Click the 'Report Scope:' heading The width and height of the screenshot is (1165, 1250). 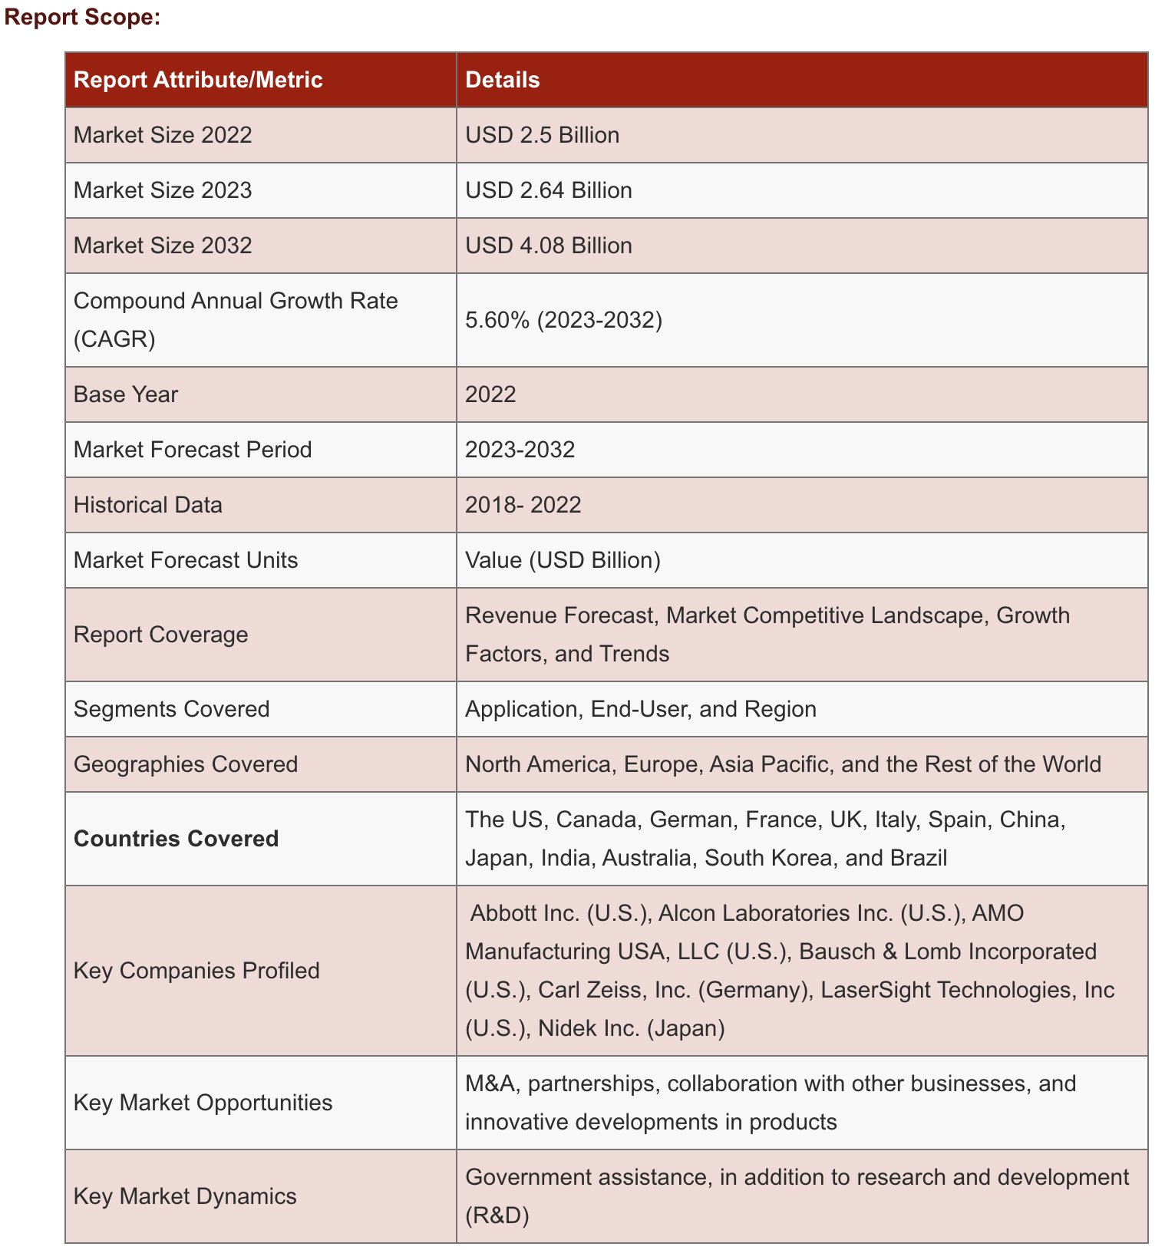[x=83, y=18]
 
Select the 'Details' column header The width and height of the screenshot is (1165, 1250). [x=503, y=80]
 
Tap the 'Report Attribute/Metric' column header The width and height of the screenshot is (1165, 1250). [x=198, y=80]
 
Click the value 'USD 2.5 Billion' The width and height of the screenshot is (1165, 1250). [x=542, y=135]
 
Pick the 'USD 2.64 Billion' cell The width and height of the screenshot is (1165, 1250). [x=549, y=190]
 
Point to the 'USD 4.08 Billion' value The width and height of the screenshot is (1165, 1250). [x=549, y=246]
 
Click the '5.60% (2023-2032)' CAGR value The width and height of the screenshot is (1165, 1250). [x=563, y=319]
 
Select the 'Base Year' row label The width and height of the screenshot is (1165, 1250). [x=126, y=394]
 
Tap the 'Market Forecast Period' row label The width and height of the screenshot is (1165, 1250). [x=193, y=450]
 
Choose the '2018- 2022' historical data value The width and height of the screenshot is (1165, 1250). [x=523, y=505]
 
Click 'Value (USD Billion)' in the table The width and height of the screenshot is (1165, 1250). [x=563, y=560]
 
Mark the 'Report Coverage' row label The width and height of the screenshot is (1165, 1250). [x=161, y=635]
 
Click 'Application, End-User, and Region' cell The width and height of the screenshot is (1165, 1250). [x=641, y=709]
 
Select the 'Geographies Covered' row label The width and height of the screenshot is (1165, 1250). [x=186, y=764]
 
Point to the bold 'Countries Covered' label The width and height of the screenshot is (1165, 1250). [x=177, y=839]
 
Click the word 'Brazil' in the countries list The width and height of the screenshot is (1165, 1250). [x=919, y=858]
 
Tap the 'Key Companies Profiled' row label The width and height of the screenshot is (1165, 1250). [x=196, y=971]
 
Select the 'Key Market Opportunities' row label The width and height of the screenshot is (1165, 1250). [x=203, y=1103]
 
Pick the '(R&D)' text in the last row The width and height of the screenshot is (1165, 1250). [x=497, y=1215]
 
